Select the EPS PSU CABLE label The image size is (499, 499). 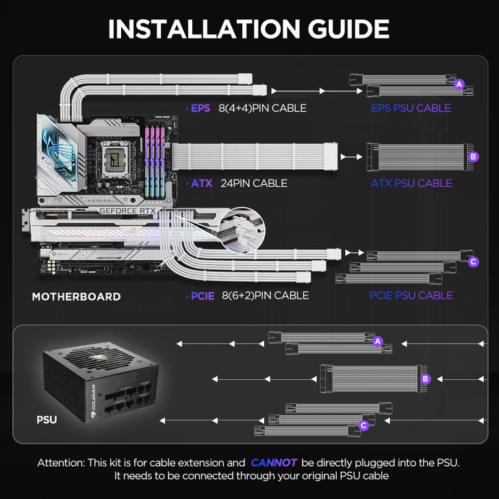click(x=411, y=108)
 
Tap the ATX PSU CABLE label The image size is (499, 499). click(x=411, y=183)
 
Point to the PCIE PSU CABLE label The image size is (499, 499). click(x=411, y=296)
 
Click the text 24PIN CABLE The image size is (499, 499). click(x=254, y=183)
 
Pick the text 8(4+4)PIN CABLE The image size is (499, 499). click(x=262, y=108)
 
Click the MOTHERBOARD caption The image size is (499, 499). click(x=76, y=297)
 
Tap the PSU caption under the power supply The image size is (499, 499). click(x=47, y=420)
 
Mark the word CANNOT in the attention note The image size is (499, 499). click(x=274, y=463)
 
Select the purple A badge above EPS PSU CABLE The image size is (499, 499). click(x=459, y=84)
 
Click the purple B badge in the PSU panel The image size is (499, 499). click(x=425, y=379)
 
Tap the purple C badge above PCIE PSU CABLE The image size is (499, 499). click(x=473, y=261)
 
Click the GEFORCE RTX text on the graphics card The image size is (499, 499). click(x=129, y=212)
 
